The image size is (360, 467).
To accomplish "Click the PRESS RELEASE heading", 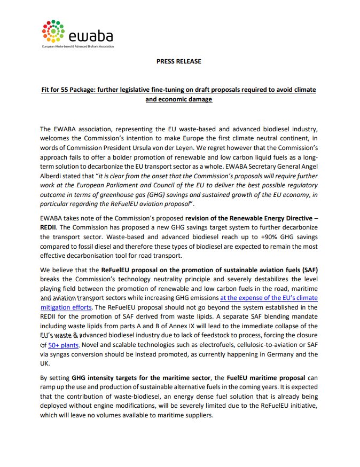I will pyautogui.click(x=179, y=61).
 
